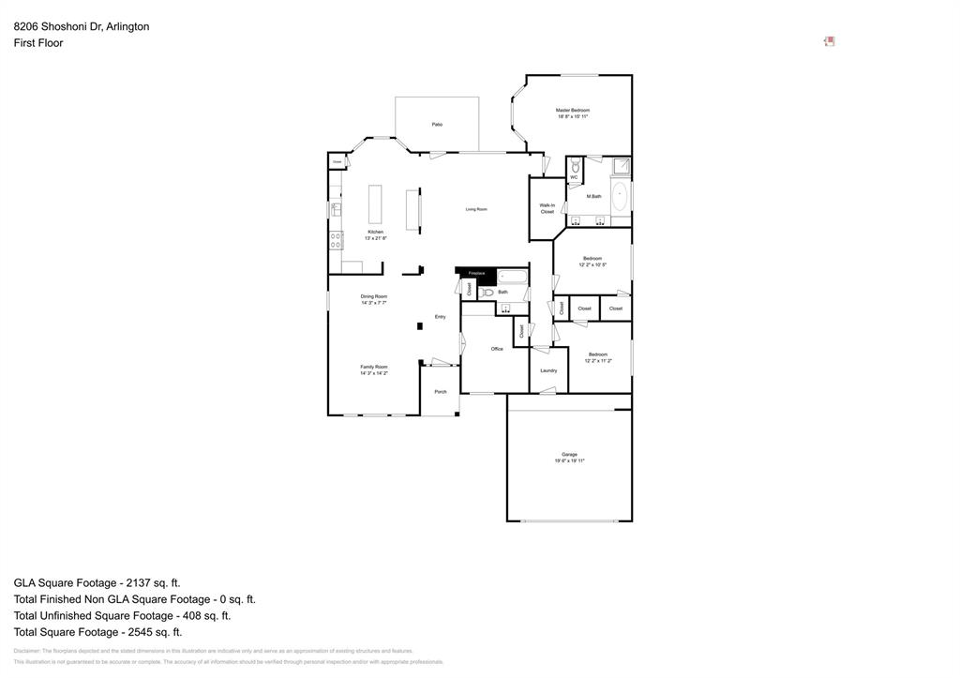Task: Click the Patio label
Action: pyautogui.click(x=437, y=125)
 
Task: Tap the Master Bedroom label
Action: pyautogui.click(x=573, y=110)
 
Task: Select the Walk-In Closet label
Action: pyautogui.click(x=547, y=208)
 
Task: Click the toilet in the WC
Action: pyautogui.click(x=575, y=166)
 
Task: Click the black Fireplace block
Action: pyautogui.click(x=476, y=274)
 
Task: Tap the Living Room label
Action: pyautogui.click(x=476, y=209)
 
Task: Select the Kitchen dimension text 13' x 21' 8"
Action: pyautogui.click(x=375, y=238)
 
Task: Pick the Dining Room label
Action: pyautogui.click(x=374, y=296)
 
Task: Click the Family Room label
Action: pyautogui.click(x=374, y=367)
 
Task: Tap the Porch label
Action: pyautogui.click(x=440, y=391)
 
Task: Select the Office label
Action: pyautogui.click(x=497, y=349)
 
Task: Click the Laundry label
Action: pyautogui.click(x=548, y=370)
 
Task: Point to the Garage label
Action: pyautogui.click(x=569, y=455)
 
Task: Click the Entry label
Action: pyautogui.click(x=440, y=317)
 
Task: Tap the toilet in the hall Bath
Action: pyautogui.click(x=487, y=293)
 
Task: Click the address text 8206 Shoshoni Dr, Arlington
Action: pyautogui.click(x=82, y=26)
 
